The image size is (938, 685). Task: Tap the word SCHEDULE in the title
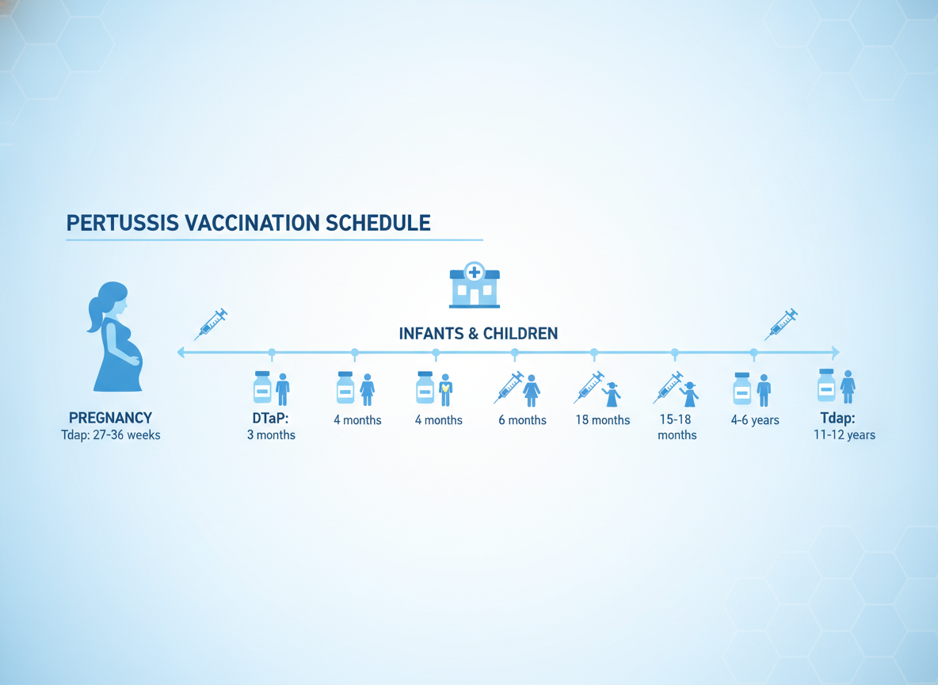tap(377, 223)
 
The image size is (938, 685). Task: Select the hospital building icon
tap(475, 285)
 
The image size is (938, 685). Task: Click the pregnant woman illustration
tap(116, 336)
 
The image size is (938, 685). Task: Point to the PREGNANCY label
tap(111, 417)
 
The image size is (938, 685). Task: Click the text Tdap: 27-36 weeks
tap(111, 434)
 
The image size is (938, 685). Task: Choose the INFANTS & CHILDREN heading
tap(478, 334)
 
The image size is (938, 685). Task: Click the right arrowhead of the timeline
tap(836, 353)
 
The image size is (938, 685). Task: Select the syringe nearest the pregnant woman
tap(211, 324)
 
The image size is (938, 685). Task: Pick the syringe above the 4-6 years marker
tap(780, 324)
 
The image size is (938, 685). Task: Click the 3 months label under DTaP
tap(271, 434)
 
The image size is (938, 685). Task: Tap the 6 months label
tap(522, 420)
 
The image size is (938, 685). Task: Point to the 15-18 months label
tap(677, 427)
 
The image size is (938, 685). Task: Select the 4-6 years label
tap(755, 420)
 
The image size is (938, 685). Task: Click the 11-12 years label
tap(844, 434)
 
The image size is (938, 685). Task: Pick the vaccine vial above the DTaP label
tap(262, 387)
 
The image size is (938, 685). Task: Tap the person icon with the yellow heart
tap(445, 390)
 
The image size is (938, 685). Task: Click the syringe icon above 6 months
tap(509, 387)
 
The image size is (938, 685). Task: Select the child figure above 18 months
tap(612, 395)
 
